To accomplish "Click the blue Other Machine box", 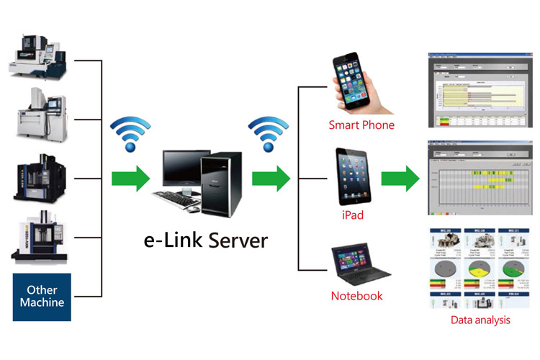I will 42,295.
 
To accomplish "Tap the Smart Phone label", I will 361,125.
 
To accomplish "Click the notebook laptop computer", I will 357,262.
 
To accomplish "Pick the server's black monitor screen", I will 185,168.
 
